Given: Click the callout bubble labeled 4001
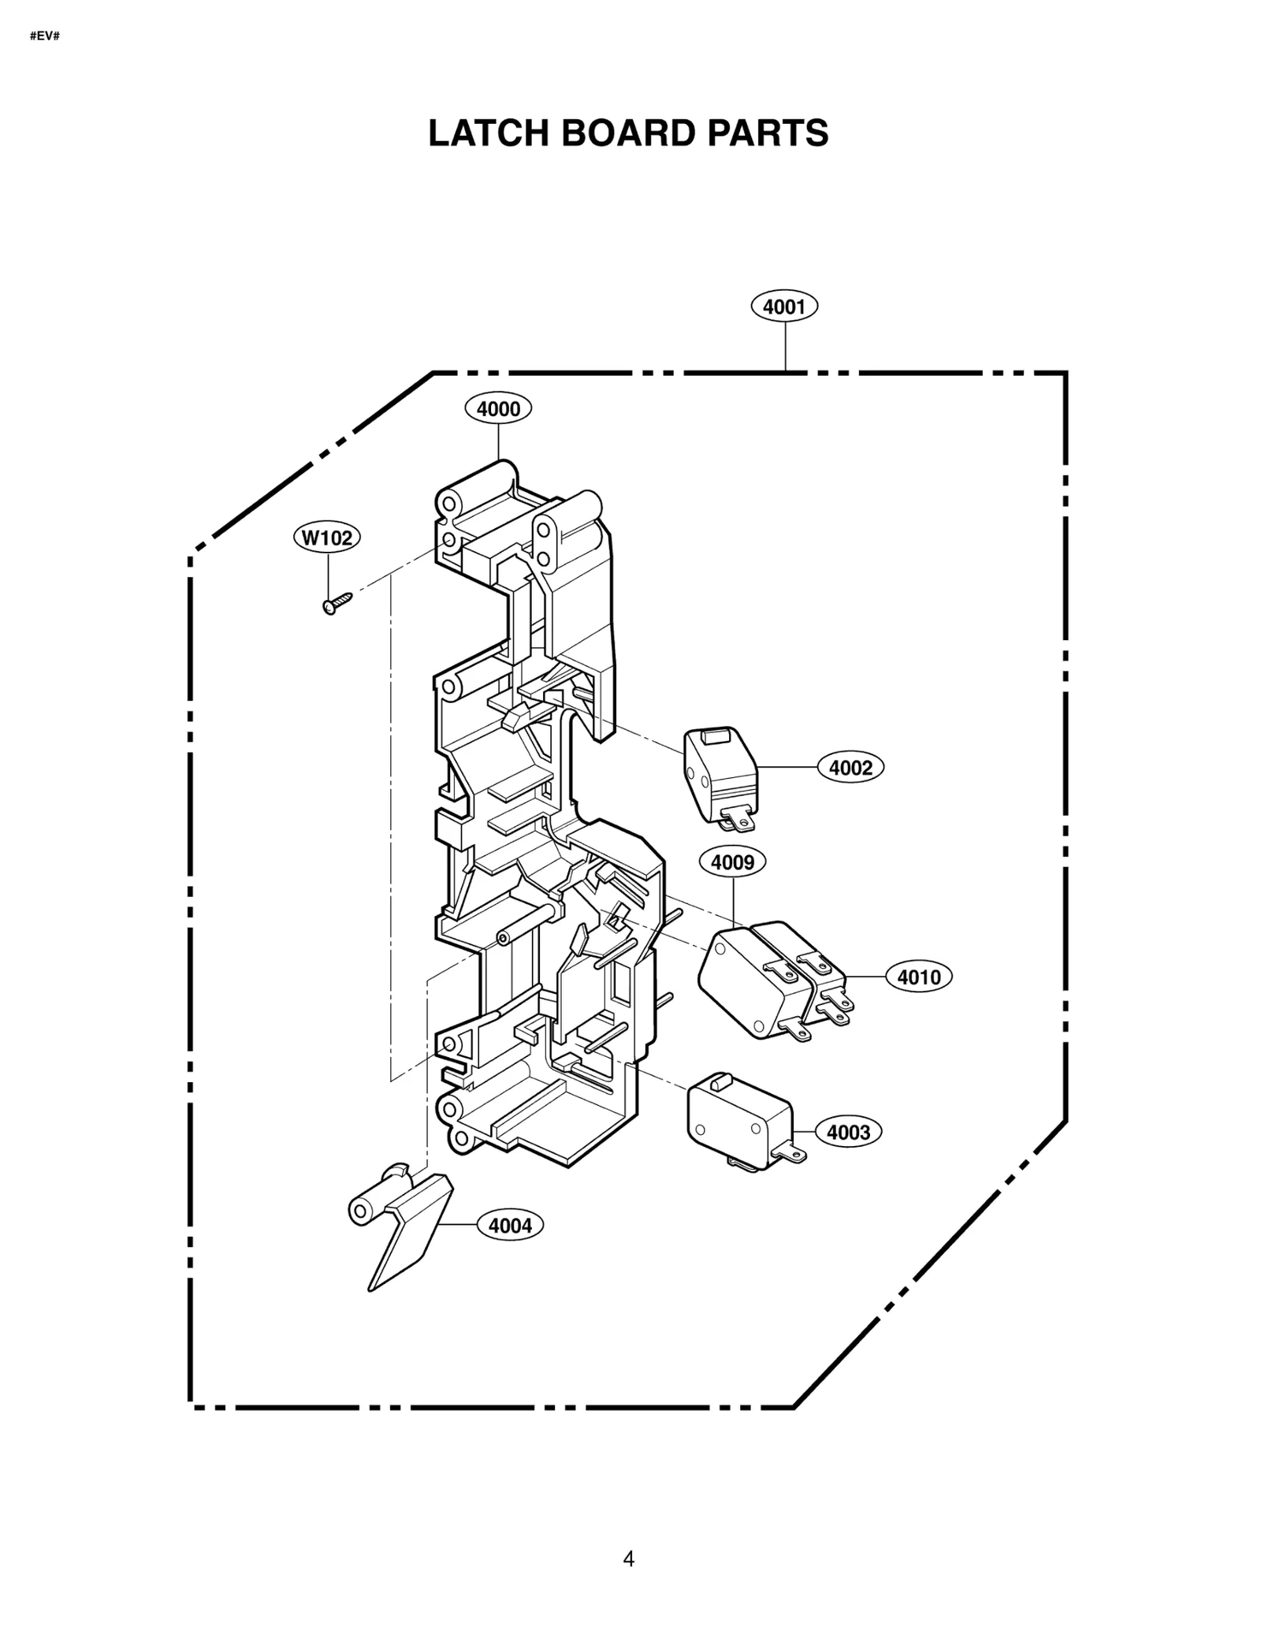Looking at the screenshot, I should (783, 307).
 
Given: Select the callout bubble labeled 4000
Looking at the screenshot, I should (498, 409).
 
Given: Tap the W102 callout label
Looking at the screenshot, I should (327, 538).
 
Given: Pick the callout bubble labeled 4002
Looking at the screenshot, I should (850, 768).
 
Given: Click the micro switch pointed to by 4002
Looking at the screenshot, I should (717, 776).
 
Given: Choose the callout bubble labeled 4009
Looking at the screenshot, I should (732, 862).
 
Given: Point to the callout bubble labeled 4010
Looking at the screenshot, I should (919, 977).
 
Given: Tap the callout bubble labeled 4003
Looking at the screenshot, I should (848, 1133).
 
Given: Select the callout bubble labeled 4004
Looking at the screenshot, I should (510, 1226).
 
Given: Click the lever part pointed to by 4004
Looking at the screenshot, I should (410, 1238).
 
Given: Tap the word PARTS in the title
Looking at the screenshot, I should (767, 133).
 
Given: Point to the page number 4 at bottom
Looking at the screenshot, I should (628, 1559).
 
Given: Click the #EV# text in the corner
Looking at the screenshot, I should (44, 36).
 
